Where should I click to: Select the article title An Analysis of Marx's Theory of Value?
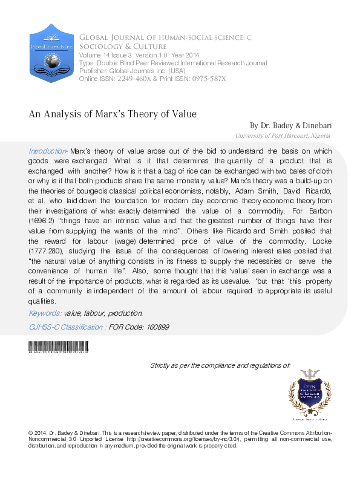coord(113,113)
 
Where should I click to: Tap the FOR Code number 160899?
coord(154,327)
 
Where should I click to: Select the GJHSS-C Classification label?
coord(67,327)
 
